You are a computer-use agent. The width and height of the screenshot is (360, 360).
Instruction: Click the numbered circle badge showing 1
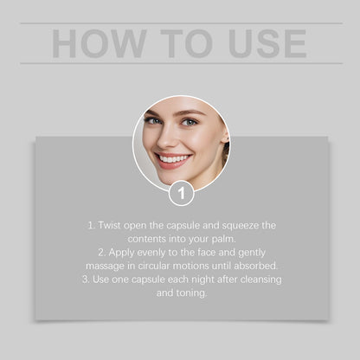click(181, 194)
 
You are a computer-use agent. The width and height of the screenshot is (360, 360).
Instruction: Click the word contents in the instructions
click(148, 238)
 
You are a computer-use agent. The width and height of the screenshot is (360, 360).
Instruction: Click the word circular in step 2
click(159, 266)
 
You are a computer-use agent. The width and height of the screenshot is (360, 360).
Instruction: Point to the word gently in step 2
click(257, 252)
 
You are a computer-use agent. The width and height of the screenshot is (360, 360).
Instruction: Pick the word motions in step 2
click(201, 266)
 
